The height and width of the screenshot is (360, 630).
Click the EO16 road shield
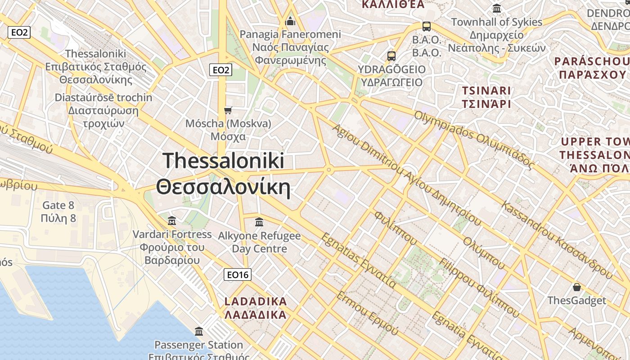pyautogui.click(x=238, y=274)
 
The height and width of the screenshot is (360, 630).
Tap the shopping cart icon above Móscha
pyautogui.click(x=228, y=110)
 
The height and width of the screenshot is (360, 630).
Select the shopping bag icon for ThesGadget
pyautogui.click(x=576, y=287)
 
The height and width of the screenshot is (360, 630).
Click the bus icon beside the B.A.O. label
pyautogui.click(x=426, y=27)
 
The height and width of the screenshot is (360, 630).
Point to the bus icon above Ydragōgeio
pyautogui.click(x=391, y=56)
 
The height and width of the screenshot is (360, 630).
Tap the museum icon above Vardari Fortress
pyautogui.click(x=172, y=221)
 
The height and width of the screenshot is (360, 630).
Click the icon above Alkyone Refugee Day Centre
pyautogui.click(x=259, y=222)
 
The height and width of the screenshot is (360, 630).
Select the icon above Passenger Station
pyautogui.click(x=199, y=332)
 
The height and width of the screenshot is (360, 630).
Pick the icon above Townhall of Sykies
pyautogui.click(x=497, y=9)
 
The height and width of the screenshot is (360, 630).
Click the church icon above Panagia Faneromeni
pyautogui.click(x=290, y=21)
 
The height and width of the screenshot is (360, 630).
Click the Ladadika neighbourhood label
pyautogui.click(x=256, y=308)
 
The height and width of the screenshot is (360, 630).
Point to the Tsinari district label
pyautogui.click(x=486, y=97)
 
